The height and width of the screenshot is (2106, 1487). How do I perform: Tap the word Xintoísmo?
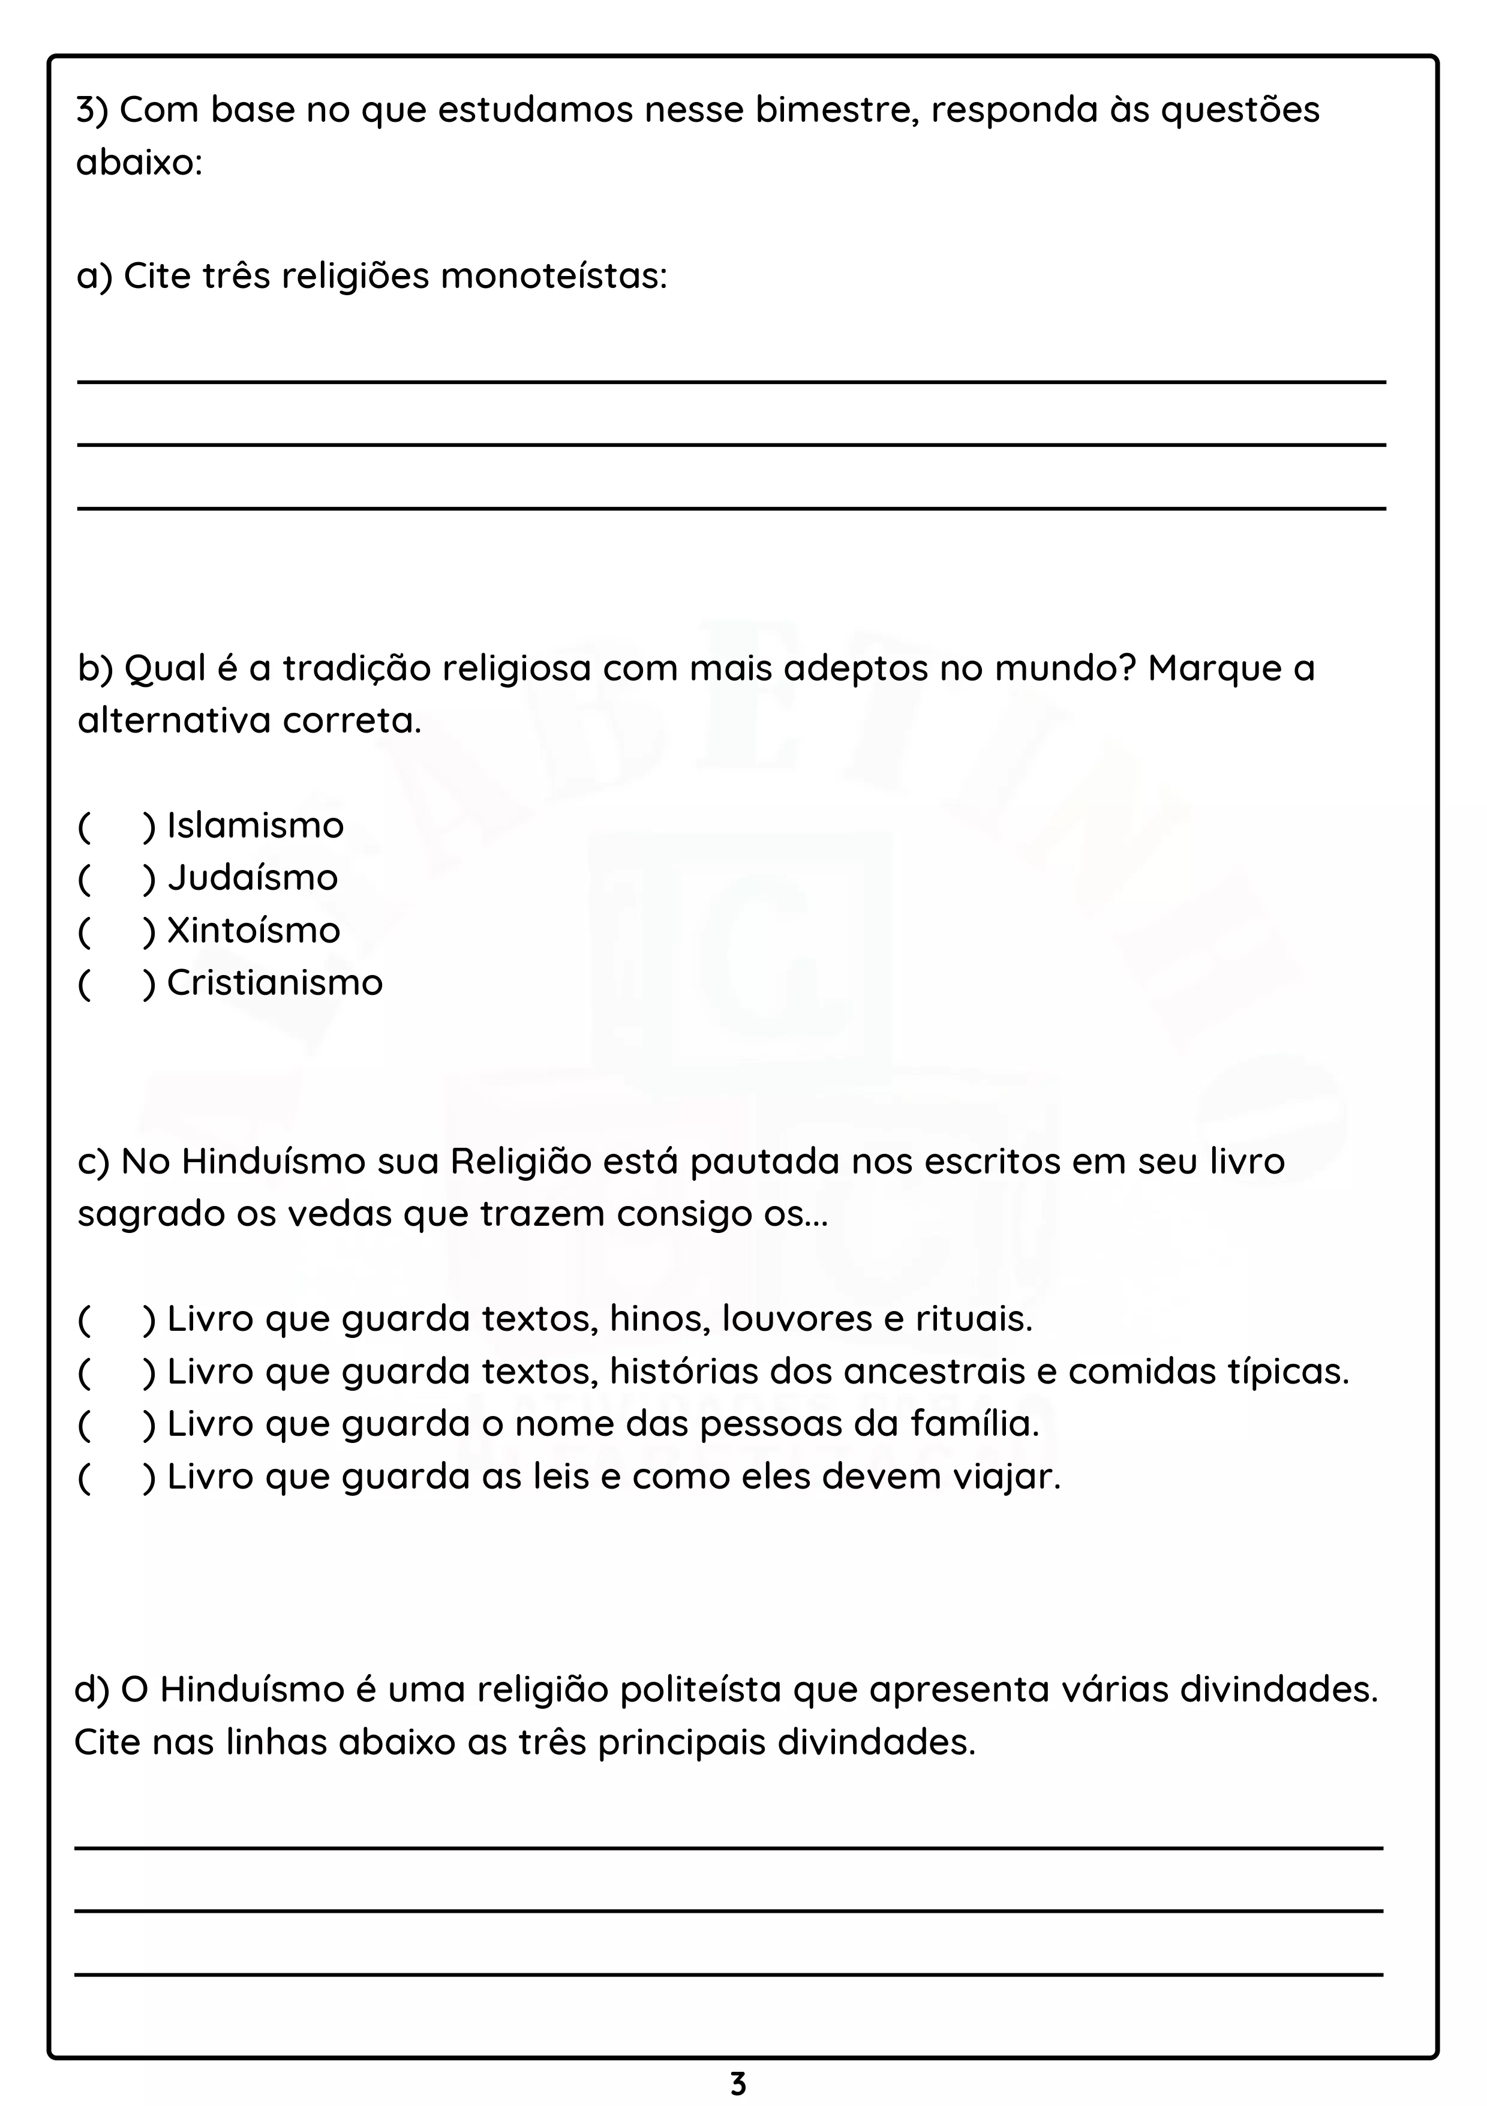pyautogui.click(x=253, y=931)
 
